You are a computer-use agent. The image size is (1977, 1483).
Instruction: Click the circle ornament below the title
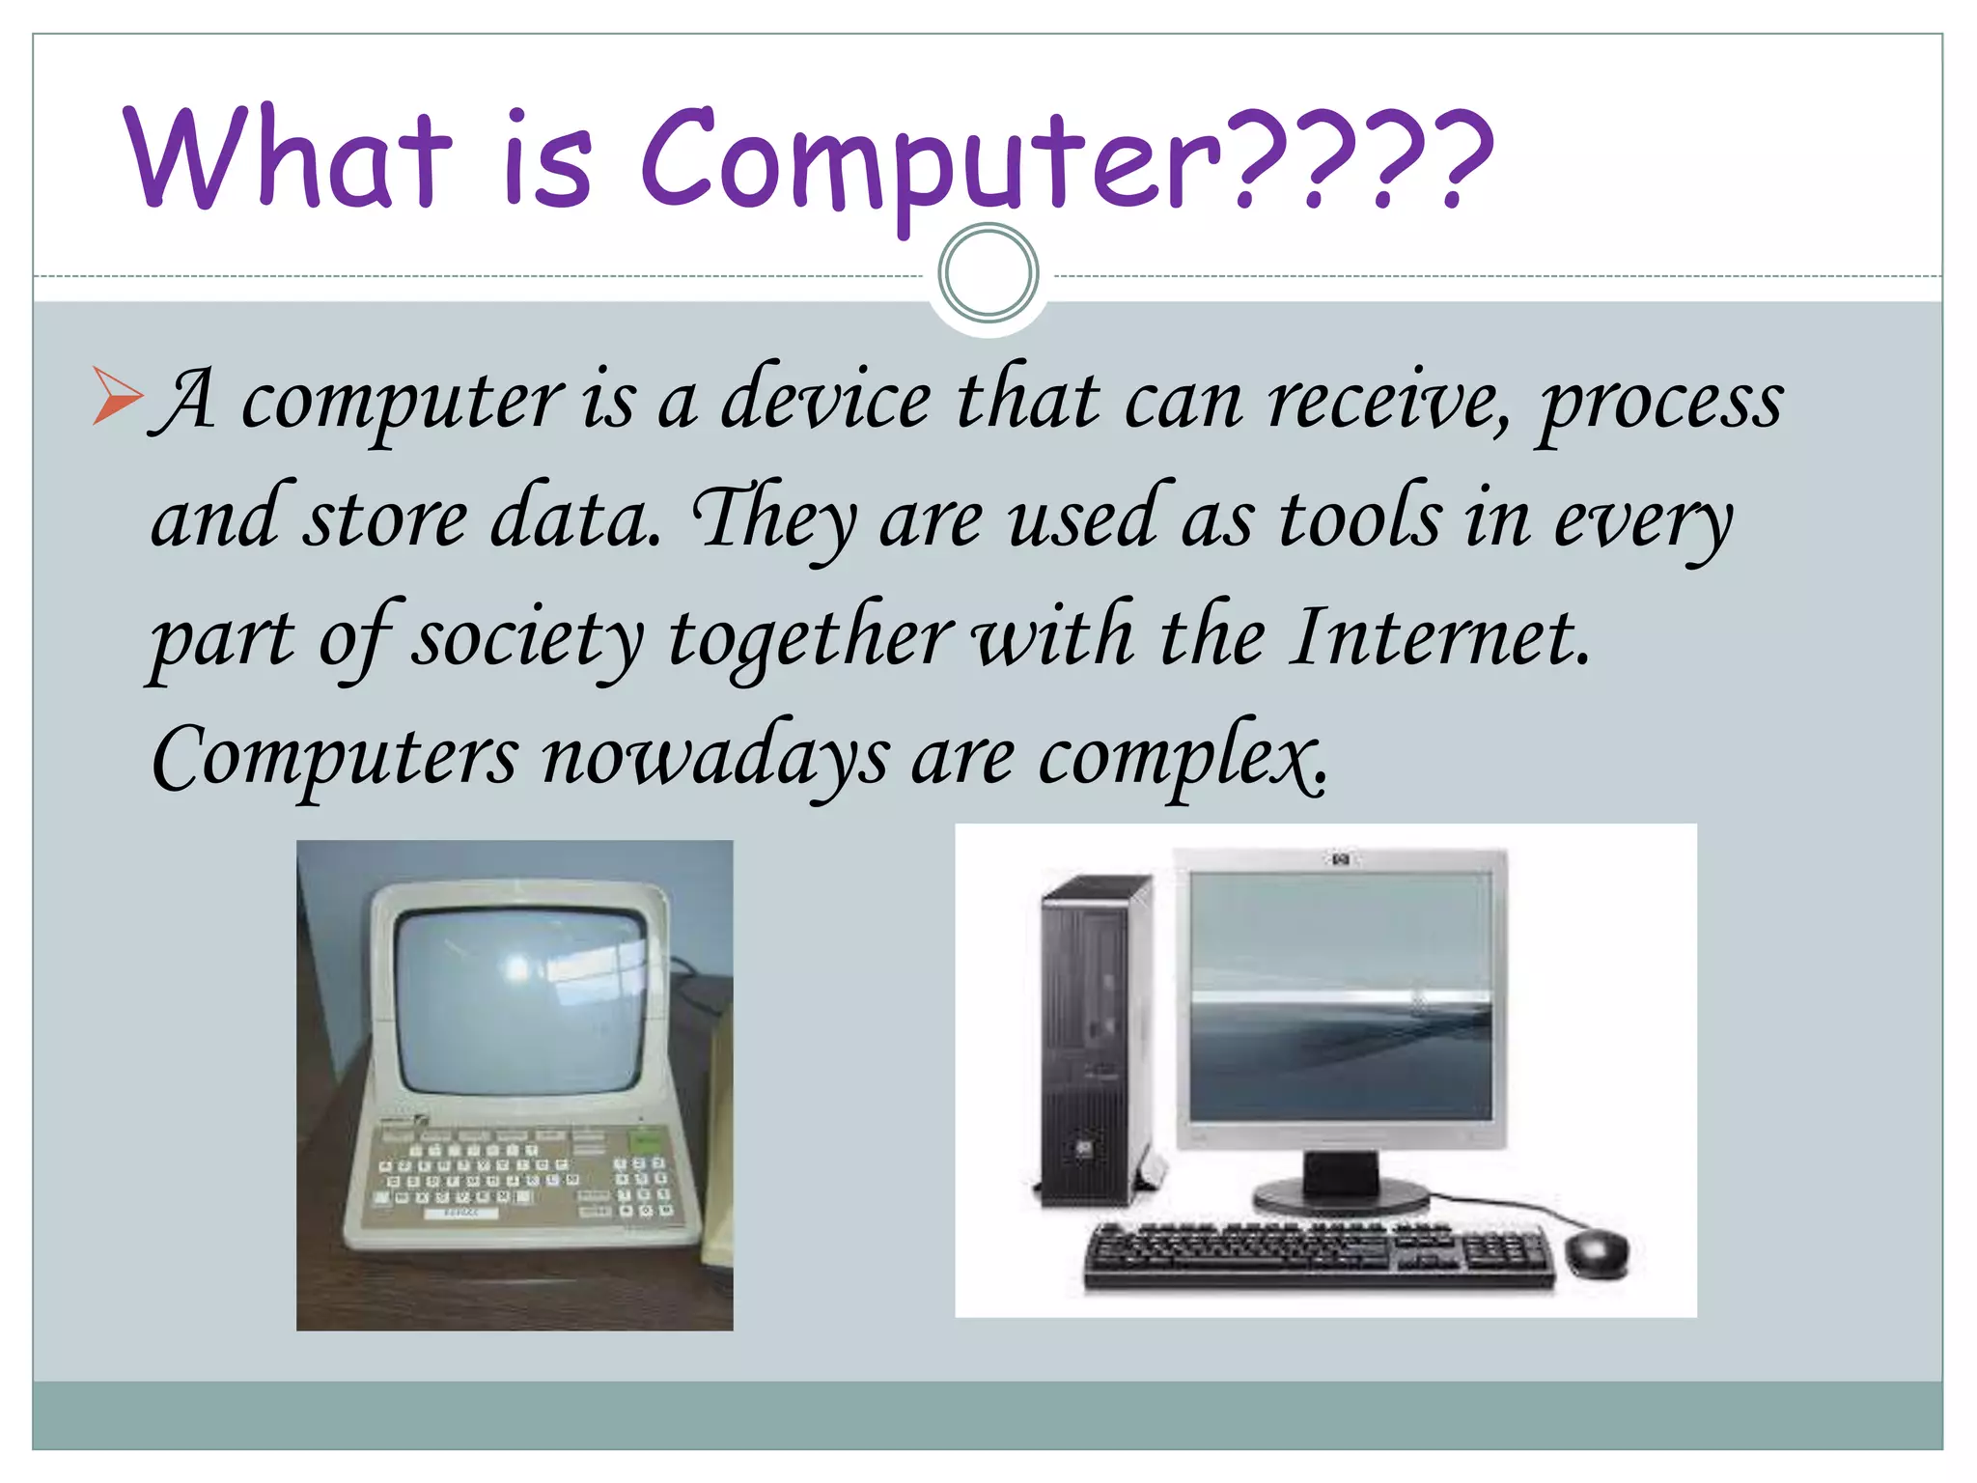point(988,273)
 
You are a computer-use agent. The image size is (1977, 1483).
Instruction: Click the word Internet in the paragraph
point(1438,637)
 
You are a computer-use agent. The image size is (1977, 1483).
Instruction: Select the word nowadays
point(713,758)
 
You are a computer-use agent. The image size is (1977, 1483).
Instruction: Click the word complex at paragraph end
point(1183,758)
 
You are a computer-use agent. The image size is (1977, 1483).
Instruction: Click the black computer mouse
point(1595,1252)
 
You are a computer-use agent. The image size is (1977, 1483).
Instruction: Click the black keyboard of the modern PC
point(1318,1255)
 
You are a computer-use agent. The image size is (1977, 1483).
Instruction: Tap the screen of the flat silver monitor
point(1340,994)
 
